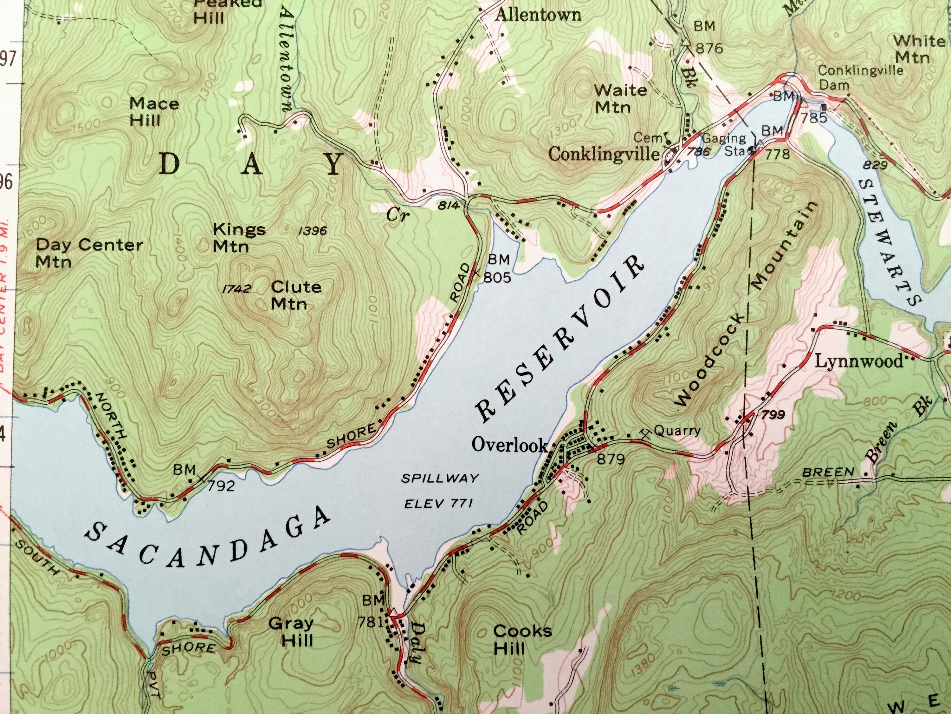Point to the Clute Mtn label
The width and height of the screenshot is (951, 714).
pos(296,295)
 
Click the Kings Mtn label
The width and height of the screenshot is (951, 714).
pos(239,238)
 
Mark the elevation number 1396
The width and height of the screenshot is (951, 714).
pos(313,231)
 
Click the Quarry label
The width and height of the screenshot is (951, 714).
pos(677,430)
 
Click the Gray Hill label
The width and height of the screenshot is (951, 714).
pos(291,632)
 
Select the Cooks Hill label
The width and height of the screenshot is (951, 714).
pos(522,639)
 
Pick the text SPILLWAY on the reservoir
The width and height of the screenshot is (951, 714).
pos(439,478)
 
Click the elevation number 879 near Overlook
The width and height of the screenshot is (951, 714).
pos(611,459)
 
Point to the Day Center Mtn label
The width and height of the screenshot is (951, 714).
pos(88,253)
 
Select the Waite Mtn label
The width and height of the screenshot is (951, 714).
pos(619,98)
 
